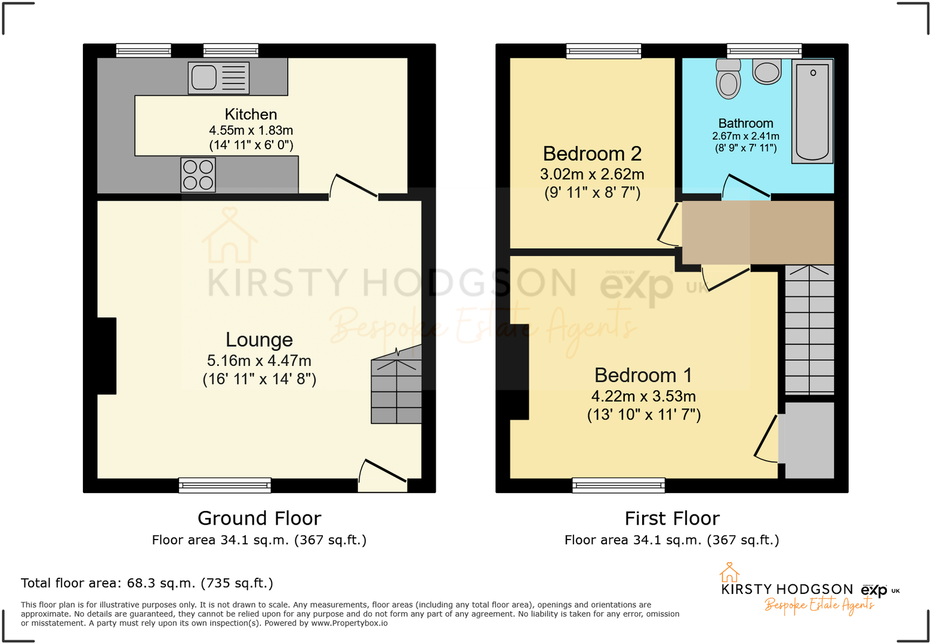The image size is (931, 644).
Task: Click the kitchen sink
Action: tap(218, 78)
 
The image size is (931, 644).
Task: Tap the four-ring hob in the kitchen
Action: tap(198, 175)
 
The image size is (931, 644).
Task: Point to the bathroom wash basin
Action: tap(767, 72)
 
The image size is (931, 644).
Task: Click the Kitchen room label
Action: tap(251, 114)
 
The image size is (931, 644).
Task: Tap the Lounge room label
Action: tap(259, 340)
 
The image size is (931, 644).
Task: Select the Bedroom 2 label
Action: tap(592, 154)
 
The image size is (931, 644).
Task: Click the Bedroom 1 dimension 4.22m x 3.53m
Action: tap(643, 396)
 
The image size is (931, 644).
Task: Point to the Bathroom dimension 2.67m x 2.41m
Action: tap(745, 136)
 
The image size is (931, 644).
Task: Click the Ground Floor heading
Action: tap(259, 518)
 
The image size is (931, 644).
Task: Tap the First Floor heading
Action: tap(672, 518)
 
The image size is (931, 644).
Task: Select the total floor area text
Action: tap(147, 583)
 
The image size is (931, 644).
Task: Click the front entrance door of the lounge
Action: tap(382, 474)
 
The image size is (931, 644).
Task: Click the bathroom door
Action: tap(745, 187)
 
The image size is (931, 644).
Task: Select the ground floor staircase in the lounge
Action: tap(396, 391)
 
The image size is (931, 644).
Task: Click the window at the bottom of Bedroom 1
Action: tap(618, 485)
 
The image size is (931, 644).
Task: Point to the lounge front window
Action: tap(224, 485)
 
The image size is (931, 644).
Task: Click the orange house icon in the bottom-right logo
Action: tap(729, 572)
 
